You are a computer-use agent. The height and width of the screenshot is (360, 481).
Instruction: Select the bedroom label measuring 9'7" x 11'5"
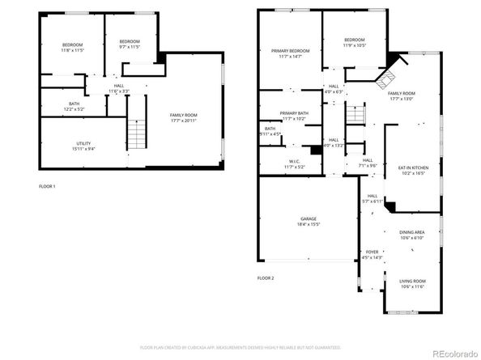(x=130, y=44)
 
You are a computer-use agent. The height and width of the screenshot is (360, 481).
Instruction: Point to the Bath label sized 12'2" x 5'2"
(x=74, y=106)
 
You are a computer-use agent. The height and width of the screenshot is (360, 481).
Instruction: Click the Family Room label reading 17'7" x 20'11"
(x=183, y=117)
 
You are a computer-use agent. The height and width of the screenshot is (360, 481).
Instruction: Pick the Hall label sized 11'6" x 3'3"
(x=118, y=88)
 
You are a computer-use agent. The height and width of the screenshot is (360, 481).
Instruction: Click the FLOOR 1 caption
(x=48, y=186)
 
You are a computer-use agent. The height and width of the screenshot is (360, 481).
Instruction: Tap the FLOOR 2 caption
(x=266, y=277)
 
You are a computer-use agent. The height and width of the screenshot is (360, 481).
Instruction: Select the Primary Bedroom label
(x=290, y=53)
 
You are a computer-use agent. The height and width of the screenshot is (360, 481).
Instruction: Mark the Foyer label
(x=372, y=255)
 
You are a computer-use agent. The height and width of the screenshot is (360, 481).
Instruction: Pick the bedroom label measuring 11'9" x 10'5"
(x=354, y=42)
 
